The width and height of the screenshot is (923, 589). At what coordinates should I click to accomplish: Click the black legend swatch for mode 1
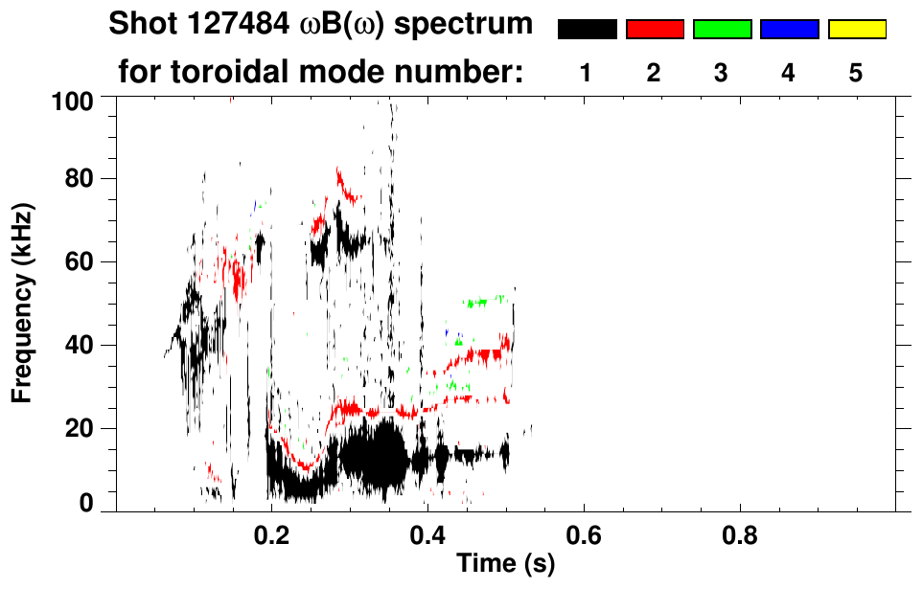click(587, 30)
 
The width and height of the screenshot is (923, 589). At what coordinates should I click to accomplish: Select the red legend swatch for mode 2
click(655, 30)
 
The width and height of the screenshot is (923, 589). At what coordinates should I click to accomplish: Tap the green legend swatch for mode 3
click(722, 30)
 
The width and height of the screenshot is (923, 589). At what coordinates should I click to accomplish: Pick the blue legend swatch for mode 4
click(789, 30)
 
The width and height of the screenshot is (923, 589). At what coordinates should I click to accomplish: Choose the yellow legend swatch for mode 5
click(857, 30)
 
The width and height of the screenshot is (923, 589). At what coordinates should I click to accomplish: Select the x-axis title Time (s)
click(504, 563)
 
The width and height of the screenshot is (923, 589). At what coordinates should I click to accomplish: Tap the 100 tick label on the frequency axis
click(85, 100)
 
